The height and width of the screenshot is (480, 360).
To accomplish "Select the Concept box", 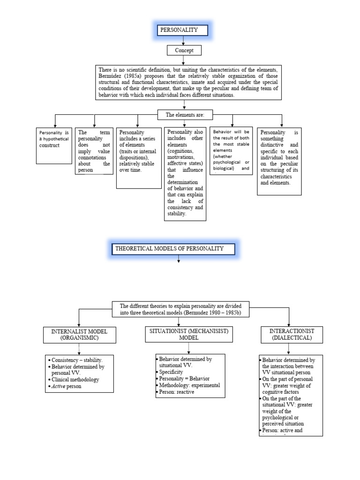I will click(184, 51).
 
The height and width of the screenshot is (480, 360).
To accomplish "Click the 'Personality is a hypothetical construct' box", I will click(54, 145).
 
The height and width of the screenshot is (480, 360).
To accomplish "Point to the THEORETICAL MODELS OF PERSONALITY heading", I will click(173, 248).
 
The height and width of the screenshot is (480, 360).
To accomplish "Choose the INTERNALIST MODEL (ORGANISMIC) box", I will click(79, 334).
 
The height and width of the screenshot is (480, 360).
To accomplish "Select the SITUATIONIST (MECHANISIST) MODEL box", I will click(189, 334).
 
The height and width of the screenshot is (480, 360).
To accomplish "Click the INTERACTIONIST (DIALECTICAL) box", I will click(291, 334).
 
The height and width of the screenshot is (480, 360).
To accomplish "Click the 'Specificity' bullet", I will click(172, 372).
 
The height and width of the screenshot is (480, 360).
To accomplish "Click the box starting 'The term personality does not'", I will click(94, 151).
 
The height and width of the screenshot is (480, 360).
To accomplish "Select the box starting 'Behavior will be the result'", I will click(231, 150).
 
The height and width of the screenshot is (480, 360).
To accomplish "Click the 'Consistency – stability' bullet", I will click(77, 360).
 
